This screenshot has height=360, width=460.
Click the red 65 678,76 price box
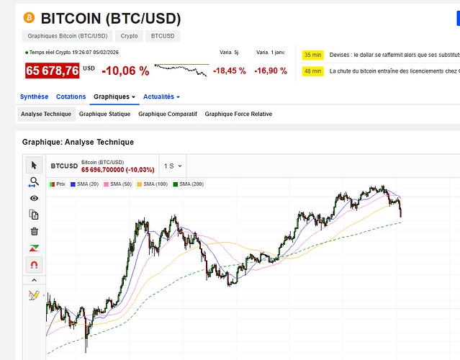52,71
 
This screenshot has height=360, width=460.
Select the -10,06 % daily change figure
125,71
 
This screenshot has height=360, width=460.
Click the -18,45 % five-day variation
230,71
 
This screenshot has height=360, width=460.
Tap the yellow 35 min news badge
312,55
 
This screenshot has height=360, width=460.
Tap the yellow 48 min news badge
312,71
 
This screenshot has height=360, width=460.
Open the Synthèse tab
34,96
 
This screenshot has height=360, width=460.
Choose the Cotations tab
71,96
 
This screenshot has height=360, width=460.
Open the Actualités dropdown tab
161,96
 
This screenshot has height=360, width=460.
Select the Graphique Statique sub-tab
104,114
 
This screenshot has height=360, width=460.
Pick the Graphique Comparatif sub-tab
167,114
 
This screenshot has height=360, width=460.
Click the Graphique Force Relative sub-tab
238,114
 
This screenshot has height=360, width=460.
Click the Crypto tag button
130,35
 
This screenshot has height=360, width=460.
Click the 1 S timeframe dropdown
173,166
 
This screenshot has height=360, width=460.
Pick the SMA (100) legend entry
153,184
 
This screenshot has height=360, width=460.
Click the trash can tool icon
34,231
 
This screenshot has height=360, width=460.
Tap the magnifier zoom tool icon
34,181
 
